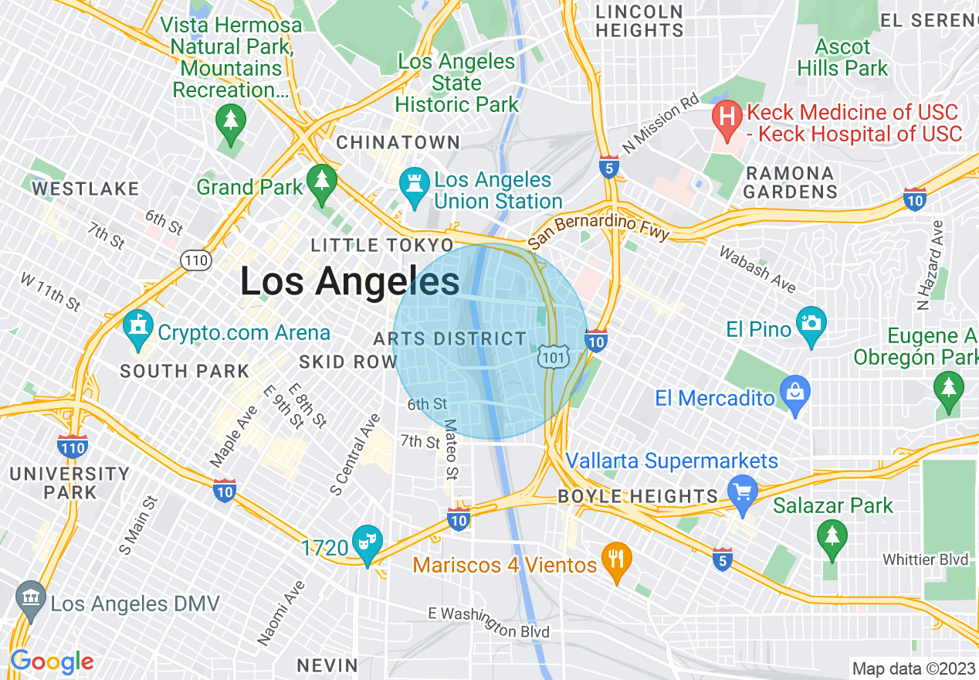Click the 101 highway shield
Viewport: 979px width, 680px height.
pyautogui.click(x=554, y=356)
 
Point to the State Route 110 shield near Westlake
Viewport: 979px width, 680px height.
pyautogui.click(x=196, y=260)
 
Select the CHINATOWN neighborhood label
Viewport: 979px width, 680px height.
pyautogui.click(x=398, y=143)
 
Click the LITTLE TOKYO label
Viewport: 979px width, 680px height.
pyautogui.click(x=367, y=246)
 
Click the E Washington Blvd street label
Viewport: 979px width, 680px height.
pyautogui.click(x=489, y=622)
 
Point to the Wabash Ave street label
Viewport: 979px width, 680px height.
pyautogui.click(x=757, y=270)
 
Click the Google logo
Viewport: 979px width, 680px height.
pyautogui.click(x=52, y=661)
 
